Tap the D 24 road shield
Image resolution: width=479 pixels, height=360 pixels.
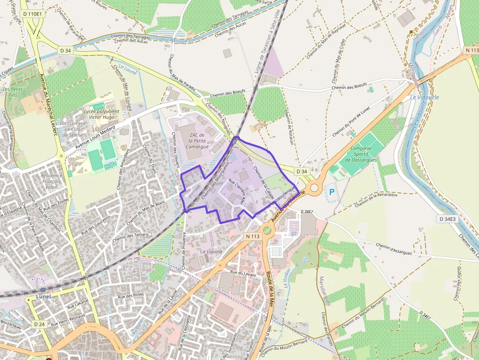(x=40, y=324)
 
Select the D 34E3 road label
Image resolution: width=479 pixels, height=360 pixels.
(x=447, y=219)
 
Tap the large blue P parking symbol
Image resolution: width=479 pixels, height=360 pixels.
(x=332, y=192)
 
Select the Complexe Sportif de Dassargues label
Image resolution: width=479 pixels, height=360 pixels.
(x=361, y=154)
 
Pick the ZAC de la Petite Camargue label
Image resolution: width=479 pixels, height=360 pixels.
(x=193, y=141)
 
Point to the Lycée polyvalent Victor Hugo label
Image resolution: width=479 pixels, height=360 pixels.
(x=102, y=114)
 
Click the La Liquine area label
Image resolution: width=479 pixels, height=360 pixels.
(x=211, y=252)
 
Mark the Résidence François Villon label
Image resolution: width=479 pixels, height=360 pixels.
(x=51, y=181)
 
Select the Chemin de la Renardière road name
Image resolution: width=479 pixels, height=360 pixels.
(x=376, y=199)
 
